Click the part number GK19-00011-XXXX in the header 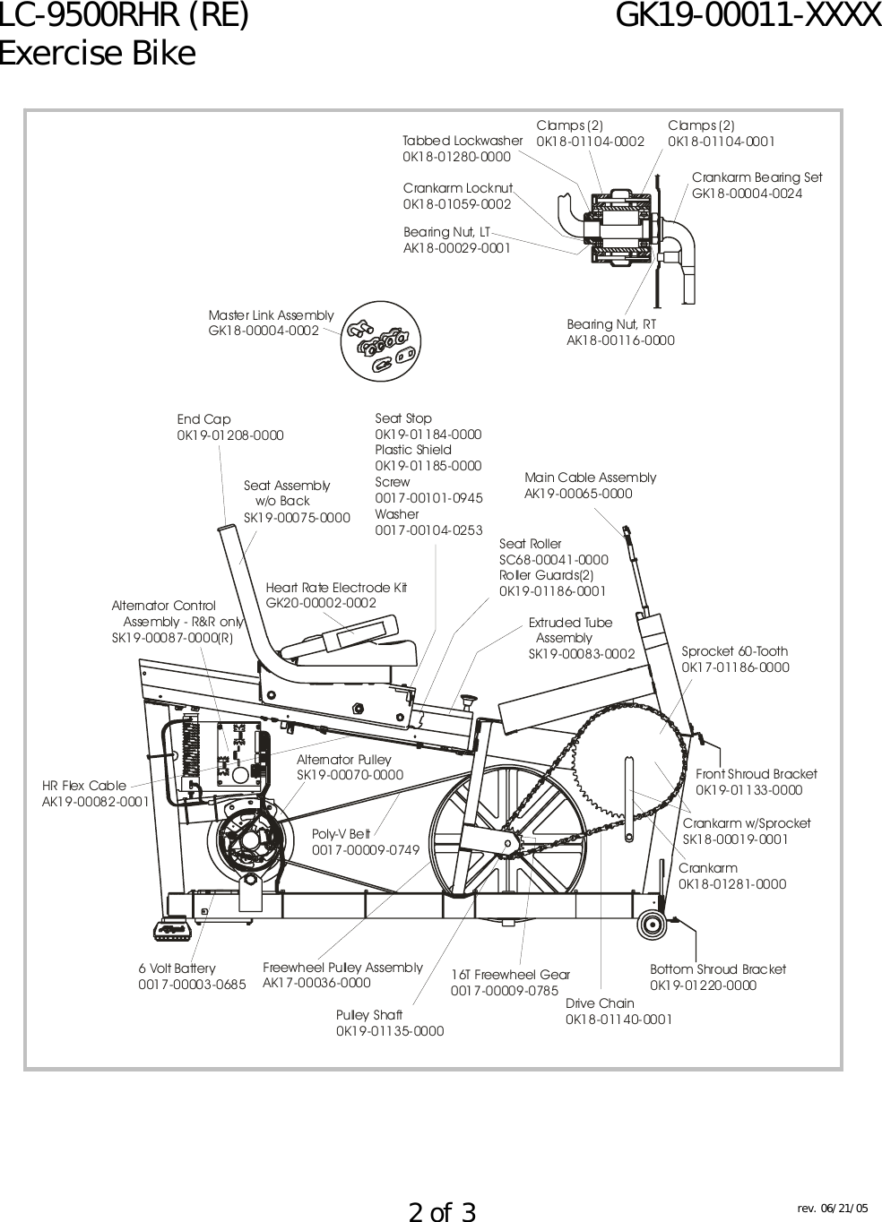749,16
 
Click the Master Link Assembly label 271,315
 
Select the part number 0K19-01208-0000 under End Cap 230,435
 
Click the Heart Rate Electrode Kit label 336,588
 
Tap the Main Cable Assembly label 590,478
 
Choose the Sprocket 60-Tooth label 735,651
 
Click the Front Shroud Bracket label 757,774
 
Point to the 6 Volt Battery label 177,968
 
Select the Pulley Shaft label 369,1015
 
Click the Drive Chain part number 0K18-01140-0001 618,1020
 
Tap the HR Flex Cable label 84,786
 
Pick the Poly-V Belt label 342,833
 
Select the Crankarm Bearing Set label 757,177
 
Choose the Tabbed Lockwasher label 463,141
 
